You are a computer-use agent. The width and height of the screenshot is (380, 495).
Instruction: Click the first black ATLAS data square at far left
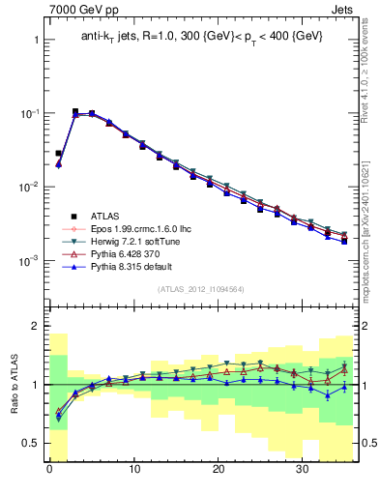click(x=58, y=153)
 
